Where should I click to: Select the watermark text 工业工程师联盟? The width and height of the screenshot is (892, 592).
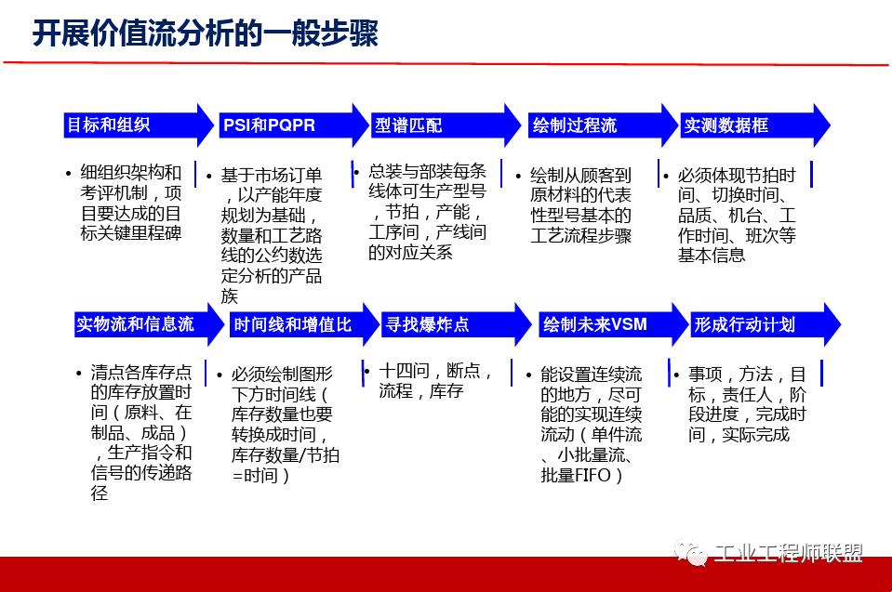pyautogui.click(x=789, y=554)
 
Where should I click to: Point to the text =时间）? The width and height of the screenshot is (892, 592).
pyautogui.click(x=260, y=475)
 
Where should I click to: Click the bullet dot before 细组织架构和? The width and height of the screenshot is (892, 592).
pyautogui.click(x=68, y=174)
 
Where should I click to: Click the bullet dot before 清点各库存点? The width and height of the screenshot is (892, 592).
pyautogui.click(x=78, y=374)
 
